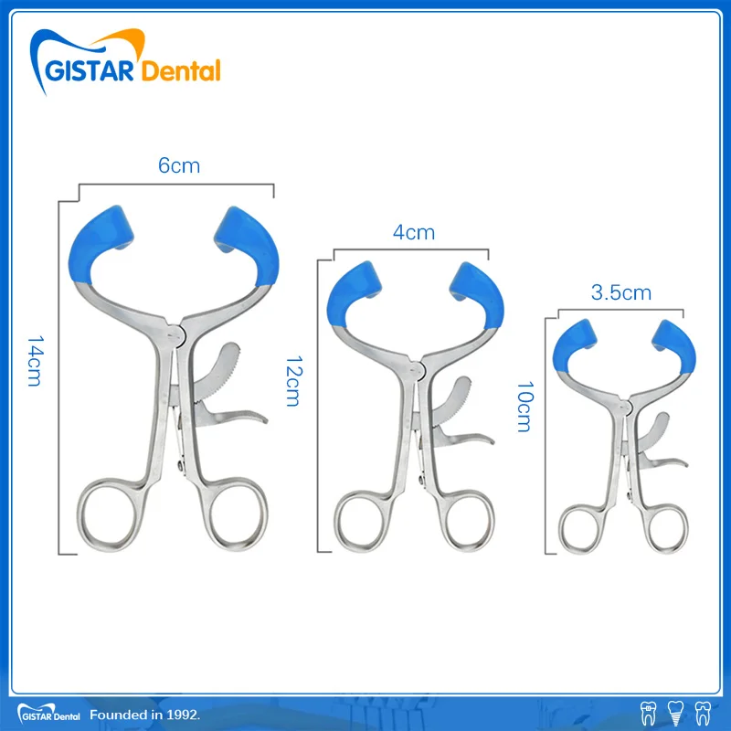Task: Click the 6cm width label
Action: point(178,165)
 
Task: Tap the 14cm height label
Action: point(34,361)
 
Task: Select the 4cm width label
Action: point(413,232)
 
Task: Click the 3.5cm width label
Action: point(620,292)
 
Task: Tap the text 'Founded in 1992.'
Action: point(144,712)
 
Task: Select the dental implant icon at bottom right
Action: point(676,711)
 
